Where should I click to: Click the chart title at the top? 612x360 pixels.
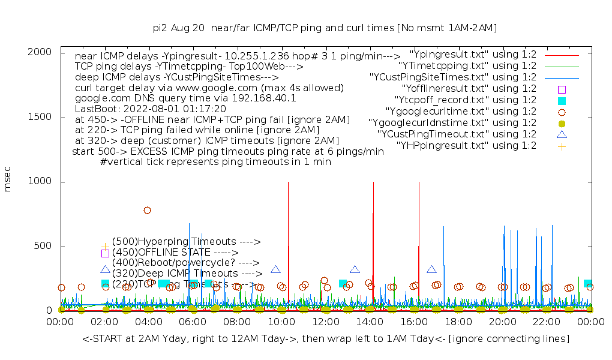(325, 28)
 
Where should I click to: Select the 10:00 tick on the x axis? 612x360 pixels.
(281, 322)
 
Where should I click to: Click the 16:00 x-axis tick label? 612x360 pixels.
(414, 322)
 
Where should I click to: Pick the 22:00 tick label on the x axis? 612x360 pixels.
(547, 322)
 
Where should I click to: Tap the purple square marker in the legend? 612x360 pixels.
(562, 89)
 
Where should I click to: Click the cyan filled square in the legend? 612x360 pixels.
(562, 100)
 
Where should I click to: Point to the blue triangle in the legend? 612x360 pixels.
(562, 134)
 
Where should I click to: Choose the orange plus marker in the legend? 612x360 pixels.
(562, 146)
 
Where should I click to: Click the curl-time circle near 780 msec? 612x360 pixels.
(147, 210)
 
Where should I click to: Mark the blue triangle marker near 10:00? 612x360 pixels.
(275, 270)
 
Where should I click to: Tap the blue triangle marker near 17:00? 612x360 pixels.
(431, 270)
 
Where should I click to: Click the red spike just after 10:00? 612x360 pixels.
(289, 240)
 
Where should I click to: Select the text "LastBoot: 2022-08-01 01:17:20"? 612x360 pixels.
(150, 109)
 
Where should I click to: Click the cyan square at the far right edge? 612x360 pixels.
(588, 284)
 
